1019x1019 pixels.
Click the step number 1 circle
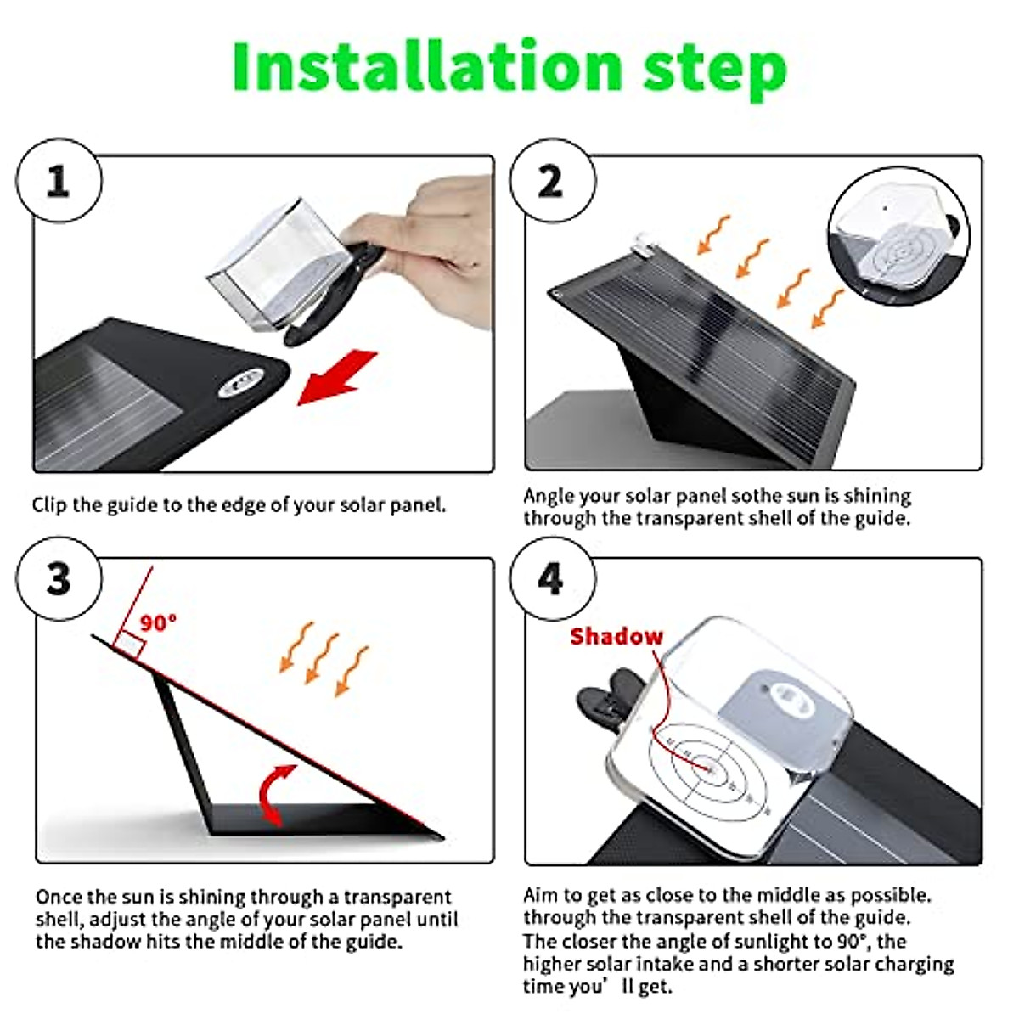click(59, 182)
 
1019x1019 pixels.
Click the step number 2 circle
click(552, 182)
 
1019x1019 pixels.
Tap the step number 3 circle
click(59, 579)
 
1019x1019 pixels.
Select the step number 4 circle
click(552, 579)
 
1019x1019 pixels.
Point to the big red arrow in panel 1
click(337, 378)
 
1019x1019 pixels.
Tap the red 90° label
click(158, 622)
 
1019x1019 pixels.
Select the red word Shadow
click(616, 637)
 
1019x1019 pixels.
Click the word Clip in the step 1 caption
click(49, 505)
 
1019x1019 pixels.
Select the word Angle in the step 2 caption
click(549, 496)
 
